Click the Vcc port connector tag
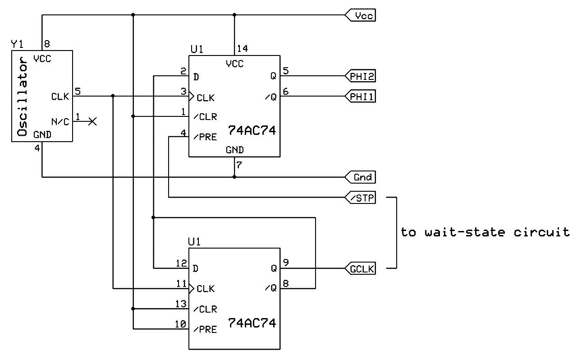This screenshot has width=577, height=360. point(361,16)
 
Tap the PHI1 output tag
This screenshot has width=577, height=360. point(361,96)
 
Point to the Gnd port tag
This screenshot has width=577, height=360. point(361,177)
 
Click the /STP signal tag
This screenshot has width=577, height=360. point(361,198)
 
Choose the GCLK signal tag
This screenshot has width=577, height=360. point(361,269)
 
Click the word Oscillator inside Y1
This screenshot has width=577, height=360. point(22,97)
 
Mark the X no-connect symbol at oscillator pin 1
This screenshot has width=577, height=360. point(92,121)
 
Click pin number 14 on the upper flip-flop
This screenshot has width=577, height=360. point(242,48)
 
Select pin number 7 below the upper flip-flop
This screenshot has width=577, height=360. point(239,165)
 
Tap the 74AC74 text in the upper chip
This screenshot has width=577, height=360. point(252,131)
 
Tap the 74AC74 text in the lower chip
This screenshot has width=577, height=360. point(252,323)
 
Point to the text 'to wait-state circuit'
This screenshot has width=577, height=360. point(485,232)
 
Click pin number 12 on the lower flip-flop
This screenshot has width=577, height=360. point(181,263)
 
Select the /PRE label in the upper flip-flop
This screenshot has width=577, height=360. point(205,137)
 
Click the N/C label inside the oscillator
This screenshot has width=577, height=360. point(60,122)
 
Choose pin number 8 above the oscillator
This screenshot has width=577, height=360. point(46,44)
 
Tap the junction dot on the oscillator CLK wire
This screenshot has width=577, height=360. point(113,96)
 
